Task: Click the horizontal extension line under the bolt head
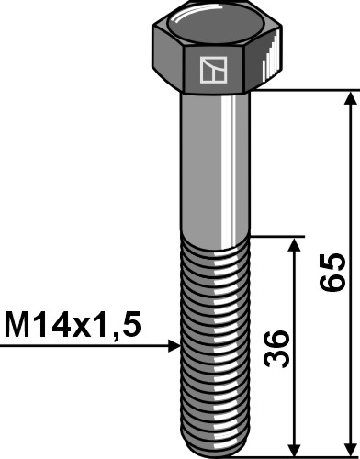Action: [x=303, y=90]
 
